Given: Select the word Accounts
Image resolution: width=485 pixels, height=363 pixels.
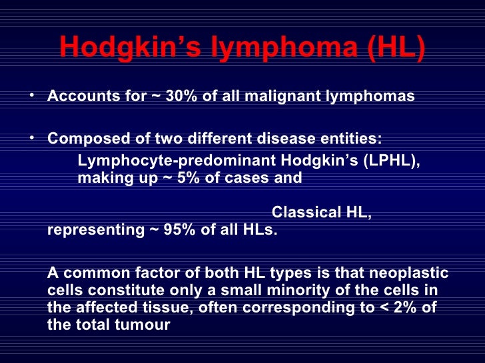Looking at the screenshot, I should point(79,96).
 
